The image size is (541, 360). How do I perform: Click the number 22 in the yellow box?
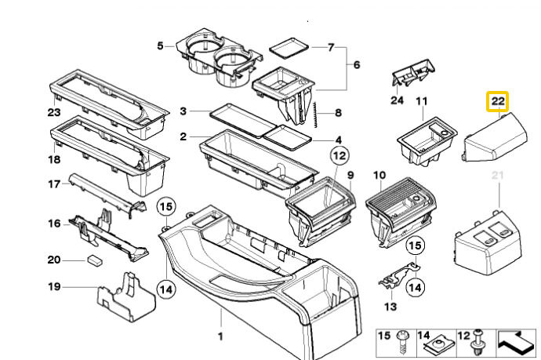pyautogui.click(x=498, y=101)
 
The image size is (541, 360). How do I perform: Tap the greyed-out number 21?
pyautogui.click(x=498, y=176)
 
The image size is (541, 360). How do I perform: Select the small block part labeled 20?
pyautogui.click(x=95, y=260)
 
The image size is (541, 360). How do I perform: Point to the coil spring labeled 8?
pyautogui.click(x=316, y=115)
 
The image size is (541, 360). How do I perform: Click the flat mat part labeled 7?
pyautogui.click(x=289, y=47)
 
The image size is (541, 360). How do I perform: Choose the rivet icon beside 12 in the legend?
pyautogui.click(x=478, y=343)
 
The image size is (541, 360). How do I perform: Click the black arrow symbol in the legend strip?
pyautogui.click(x=515, y=343)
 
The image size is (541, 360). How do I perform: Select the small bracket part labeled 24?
pyautogui.click(x=414, y=73)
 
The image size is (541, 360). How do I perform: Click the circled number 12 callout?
pyautogui.click(x=339, y=155)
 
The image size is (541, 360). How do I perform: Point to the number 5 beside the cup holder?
pyautogui.click(x=160, y=45)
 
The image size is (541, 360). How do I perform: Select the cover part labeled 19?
pyautogui.click(x=126, y=300)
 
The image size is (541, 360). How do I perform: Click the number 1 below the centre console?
pyautogui.click(x=220, y=336)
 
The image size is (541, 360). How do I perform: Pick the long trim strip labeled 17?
pyautogui.click(x=107, y=195)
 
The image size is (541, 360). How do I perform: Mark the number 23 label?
pyautogui.click(x=54, y=112)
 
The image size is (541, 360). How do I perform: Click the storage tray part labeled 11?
pyautogui.click(x=427, y=140)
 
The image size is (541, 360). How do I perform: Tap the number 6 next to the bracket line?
pyautogui.click(x=357, y=64)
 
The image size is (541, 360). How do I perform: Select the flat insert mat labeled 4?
pyautogui.click(x=288, y=137)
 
